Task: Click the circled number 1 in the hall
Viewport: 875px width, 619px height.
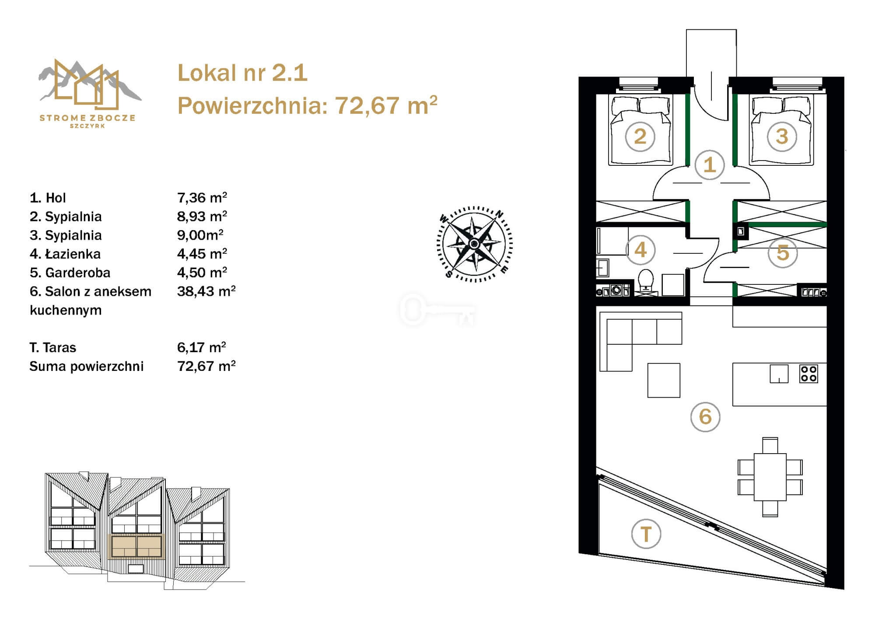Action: tap(709, 165)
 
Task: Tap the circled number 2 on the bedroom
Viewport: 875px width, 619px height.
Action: tap(640, 136)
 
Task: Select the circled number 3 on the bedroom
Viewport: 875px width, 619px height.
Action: tap(782, 136)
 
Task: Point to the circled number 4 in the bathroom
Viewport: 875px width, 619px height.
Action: tap(640, 250)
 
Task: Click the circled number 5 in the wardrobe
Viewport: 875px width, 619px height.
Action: tap(783, 253)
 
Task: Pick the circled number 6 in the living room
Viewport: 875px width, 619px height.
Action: tap(705, 416)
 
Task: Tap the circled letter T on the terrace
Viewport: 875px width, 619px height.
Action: tap(646, 534)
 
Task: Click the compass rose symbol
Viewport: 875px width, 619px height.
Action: tap(475, 244)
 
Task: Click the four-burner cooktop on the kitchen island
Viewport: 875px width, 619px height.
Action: tap(808, 374)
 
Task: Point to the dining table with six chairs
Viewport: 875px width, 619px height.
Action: tap(770, 477)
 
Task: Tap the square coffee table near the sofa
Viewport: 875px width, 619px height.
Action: tap(664, 380)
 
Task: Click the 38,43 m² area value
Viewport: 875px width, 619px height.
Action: tap(206, 291)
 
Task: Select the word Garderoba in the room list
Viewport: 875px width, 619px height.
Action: tap(78, 273)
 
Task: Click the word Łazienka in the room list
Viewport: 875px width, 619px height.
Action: tap(73, 254)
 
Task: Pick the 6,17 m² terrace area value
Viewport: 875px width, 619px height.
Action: tap(202, 347)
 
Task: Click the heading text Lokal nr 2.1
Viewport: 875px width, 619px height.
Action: tap(242, 73)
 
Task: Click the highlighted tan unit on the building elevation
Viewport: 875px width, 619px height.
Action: tap(136, 546)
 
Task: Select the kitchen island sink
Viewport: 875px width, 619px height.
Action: tap(779, 374)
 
